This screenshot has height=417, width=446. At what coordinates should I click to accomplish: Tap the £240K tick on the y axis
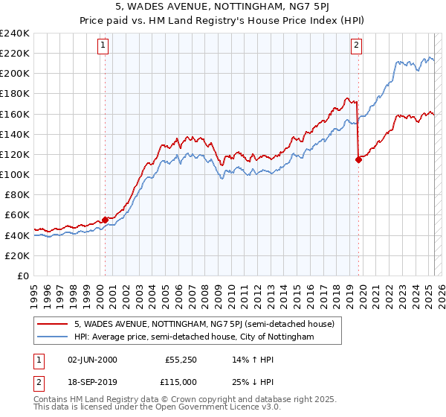pyautogui.click(x=15, y=34)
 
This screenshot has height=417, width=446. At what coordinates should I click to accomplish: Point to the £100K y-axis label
pyautogui.click(x=15, y=174)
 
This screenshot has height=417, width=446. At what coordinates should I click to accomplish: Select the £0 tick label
pyautogui.click(x=22, y=276)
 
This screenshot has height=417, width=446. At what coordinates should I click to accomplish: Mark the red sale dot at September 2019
pyautogui.click(x=358, y=159)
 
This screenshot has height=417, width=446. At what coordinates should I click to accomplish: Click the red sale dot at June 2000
pyautogui.click(x=105, y=219)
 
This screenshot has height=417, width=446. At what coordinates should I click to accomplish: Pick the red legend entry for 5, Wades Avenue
pyautogui.click(x=204, y=324)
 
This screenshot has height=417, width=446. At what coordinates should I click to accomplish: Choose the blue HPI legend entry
pyautogui.click(x=194, y=337)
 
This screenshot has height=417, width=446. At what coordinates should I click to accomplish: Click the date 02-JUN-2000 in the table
pyautogui.click(x=93, y=360)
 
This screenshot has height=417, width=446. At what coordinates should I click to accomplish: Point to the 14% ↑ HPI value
pyautogui.click(x=253, y=360)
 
